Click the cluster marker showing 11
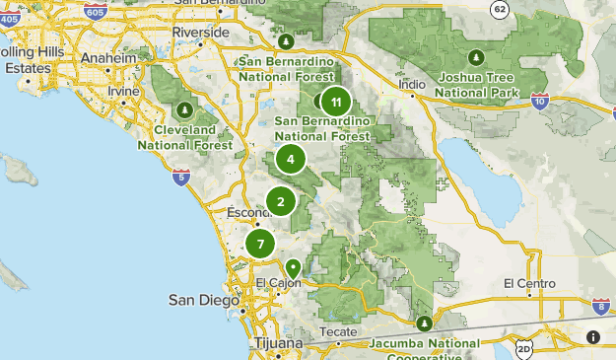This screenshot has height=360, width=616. coord(336,102)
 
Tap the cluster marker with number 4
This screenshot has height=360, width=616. coord(290,159)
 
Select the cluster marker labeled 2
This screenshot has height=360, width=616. coord(281,202)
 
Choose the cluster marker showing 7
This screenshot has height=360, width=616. coord(260,243)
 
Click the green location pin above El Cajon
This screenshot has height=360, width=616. coord(293,267)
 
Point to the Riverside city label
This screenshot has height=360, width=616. coord(200,33)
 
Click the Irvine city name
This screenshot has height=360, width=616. coord(124,91)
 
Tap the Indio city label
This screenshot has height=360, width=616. coord(411,85)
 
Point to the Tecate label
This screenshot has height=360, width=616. coord(338,331)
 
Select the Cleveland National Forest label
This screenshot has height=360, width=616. coord(183,136)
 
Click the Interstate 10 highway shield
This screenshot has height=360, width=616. coord(539,100)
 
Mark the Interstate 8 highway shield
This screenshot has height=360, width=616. coord(600,306)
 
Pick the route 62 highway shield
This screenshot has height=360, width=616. coord(501,9)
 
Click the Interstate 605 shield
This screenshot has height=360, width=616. coord(96,12)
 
